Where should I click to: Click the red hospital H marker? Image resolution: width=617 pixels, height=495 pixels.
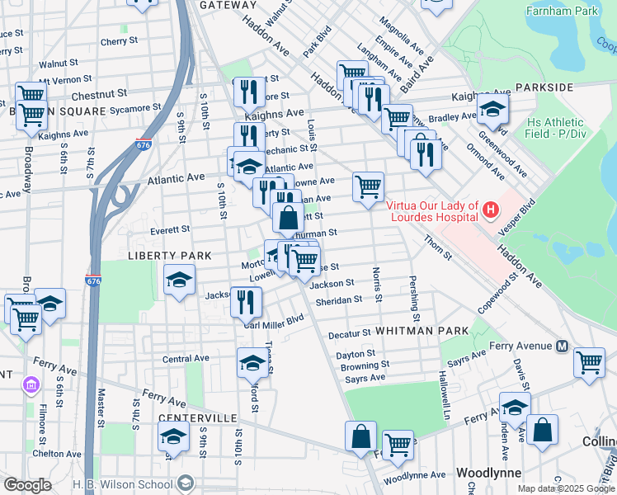(491, 210)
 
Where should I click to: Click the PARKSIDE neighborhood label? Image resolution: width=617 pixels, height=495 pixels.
(544, 87)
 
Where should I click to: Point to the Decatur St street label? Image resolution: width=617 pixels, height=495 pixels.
(350, 334)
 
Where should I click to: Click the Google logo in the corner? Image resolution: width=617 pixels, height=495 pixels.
(27, 484)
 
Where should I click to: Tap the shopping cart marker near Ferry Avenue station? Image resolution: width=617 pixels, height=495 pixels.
(590, 362)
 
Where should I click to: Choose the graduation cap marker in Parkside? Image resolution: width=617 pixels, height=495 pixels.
(492, 109)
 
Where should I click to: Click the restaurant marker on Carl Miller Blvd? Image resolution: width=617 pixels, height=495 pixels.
(246, 302)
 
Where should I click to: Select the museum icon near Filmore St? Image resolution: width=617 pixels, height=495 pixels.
(31, 385)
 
